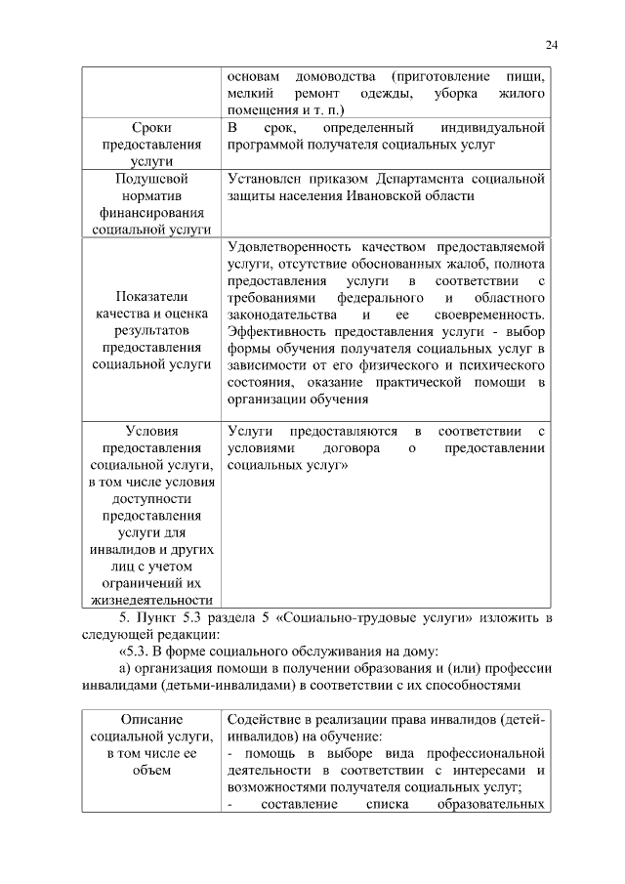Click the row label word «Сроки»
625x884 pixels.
[x=151, y=128]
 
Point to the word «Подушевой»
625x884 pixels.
[x=151, y=180]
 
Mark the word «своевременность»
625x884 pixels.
[x=488, y=315]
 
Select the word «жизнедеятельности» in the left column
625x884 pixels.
[x=151, y=599]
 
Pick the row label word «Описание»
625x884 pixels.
[x=151, y=719]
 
